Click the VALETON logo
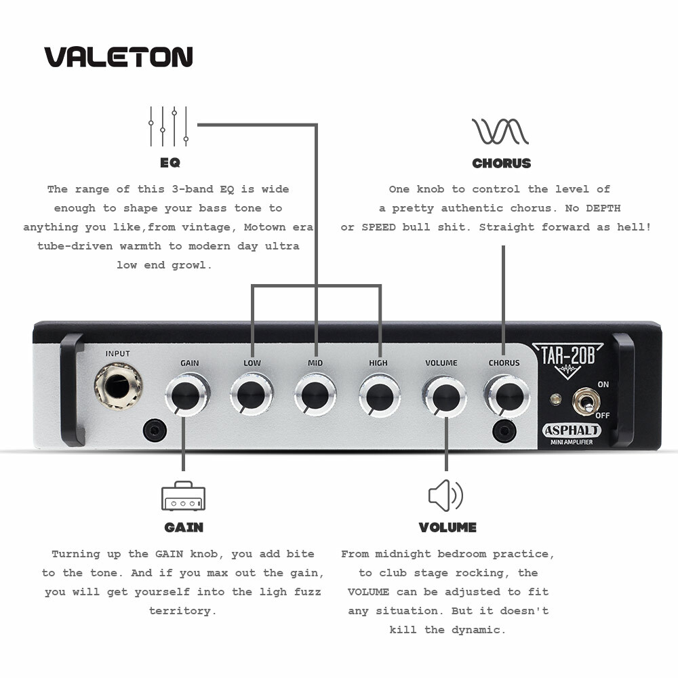(119, 57)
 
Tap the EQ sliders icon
(169, 126)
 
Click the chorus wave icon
(500, 131)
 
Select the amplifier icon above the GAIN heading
(183, 496)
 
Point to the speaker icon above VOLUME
(445, 496)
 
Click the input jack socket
(119, 387)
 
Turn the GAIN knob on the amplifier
(187, 395)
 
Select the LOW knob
(252, 395)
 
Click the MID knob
(315, 395)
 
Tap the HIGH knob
(380, 395)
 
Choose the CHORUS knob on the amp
(506, 395)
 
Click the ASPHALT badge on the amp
(572, 431)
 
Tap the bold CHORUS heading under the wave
(501, 163)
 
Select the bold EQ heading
(169, 163)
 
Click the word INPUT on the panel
(117, 354)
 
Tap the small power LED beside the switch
(555, 399)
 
